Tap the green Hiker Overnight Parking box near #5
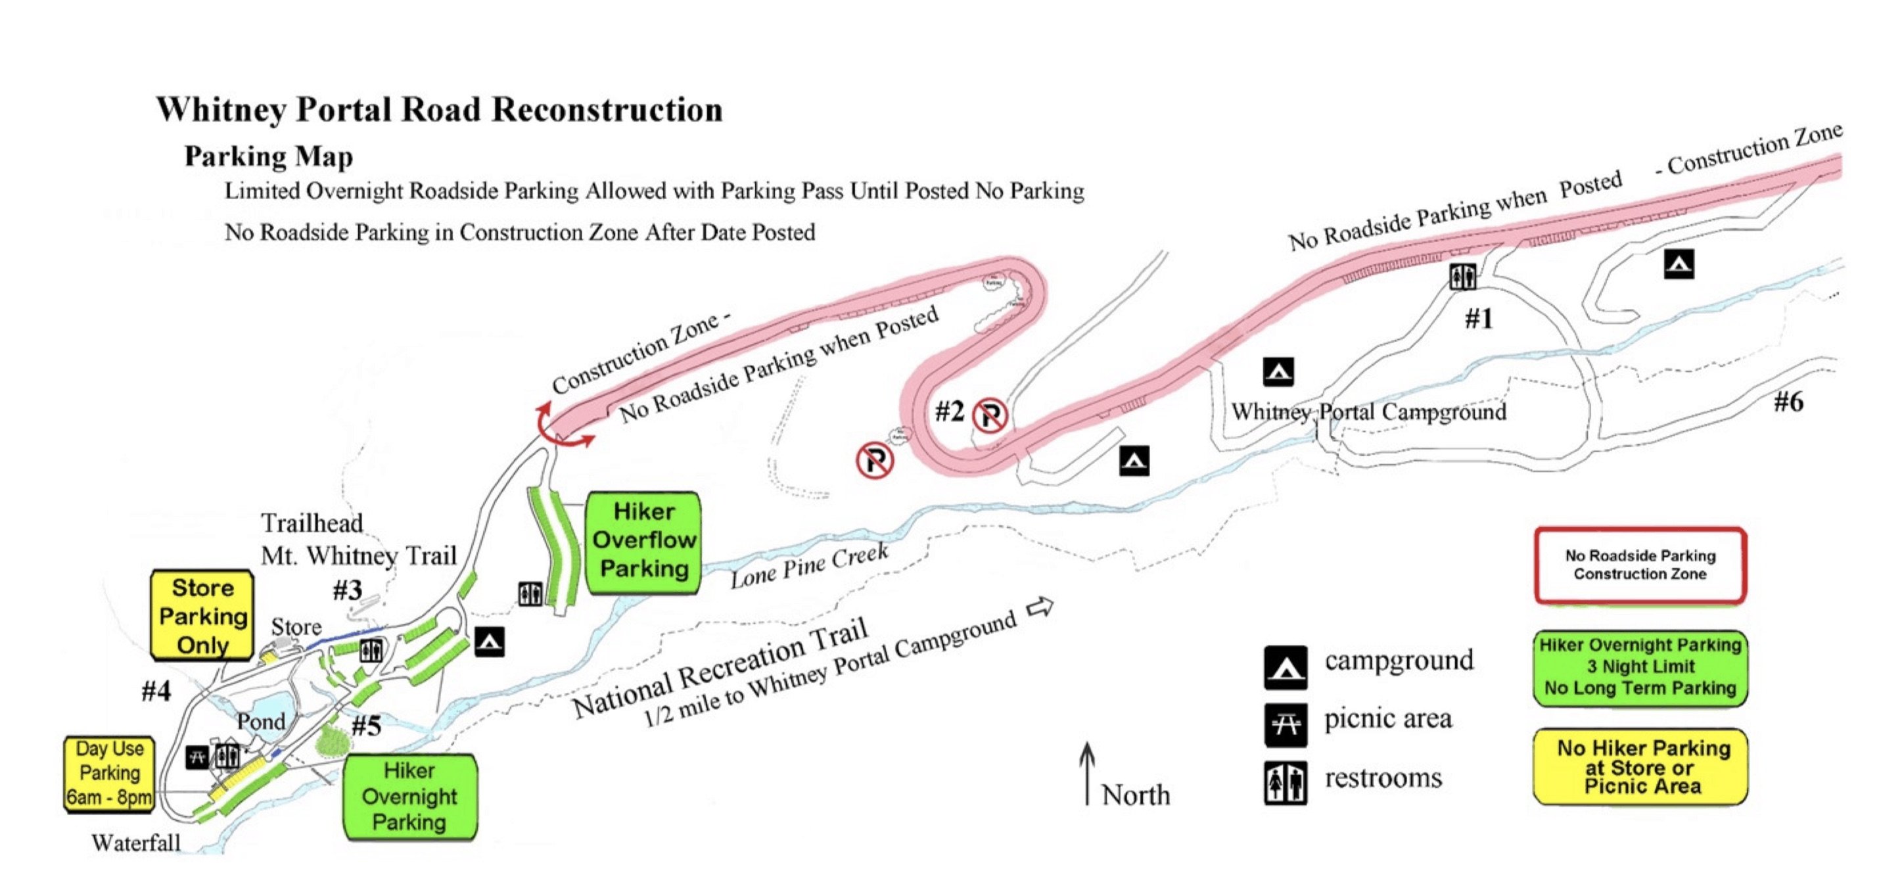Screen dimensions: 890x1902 [410, 797]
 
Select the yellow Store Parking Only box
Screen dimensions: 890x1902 [202, 616]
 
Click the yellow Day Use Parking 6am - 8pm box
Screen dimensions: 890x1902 [109, 773]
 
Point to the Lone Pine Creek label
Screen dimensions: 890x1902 [809, 567]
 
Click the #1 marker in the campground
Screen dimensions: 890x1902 [1479, 319]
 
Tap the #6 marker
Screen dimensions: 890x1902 [1788, 402]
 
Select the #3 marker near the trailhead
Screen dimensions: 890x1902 [347, 590]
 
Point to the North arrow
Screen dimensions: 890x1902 [1086, 772]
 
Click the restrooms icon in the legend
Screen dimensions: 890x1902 [1285, 783]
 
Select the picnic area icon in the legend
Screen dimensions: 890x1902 [1285, 724]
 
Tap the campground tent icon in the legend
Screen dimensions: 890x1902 [1285, 667]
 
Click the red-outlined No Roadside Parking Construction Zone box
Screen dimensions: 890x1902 [1640, 565]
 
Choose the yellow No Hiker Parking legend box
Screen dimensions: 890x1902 [1640, 766]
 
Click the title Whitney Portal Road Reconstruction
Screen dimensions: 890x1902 [439, 110]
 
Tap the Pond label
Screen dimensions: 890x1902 [261, 721]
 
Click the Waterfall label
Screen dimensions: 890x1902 [136, 843]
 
